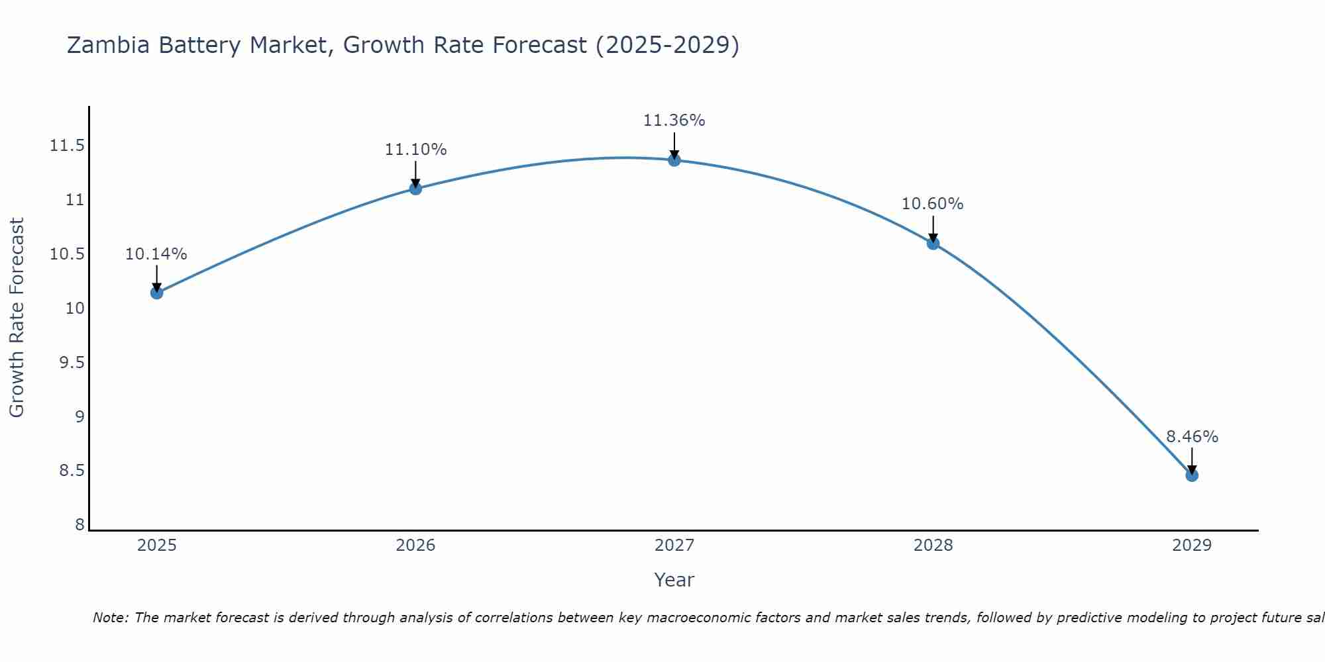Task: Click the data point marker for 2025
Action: coord(157,293)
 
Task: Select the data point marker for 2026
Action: coord(415,189)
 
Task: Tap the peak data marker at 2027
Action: coord(674,160)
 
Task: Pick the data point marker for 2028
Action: coord(933,243)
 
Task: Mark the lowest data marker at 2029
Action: coord(1192,475)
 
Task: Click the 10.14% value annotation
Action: coord(156,254)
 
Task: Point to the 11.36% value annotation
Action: coord(674,120)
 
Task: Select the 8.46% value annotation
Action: coord(1192,437)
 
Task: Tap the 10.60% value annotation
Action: coord(932,204)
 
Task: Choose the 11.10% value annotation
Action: coord(415,150)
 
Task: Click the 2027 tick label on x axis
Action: coord(674,545)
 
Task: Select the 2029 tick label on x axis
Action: coord(1192,545)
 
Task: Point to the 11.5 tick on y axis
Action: coord(68,146)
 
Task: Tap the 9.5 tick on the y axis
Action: coord(72,363)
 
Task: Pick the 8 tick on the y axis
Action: coord(79,525)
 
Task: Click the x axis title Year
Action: coord(674,580)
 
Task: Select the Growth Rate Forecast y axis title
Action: coord(17,318)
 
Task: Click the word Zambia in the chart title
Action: coord(109,45)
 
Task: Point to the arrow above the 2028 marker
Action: coord(933,229)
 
